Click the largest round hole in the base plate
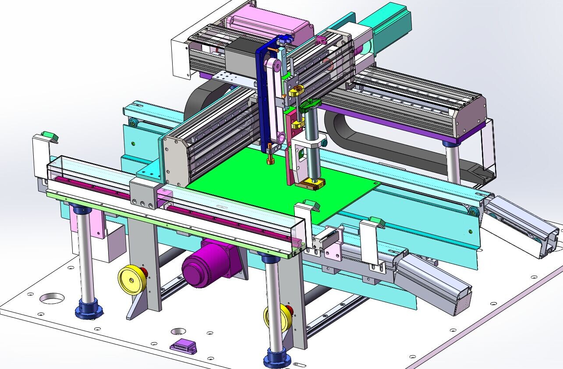coord(52,298)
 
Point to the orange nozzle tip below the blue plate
coord(269,161)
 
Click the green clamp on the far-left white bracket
coord(50,135)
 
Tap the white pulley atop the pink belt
coord(275,65)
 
